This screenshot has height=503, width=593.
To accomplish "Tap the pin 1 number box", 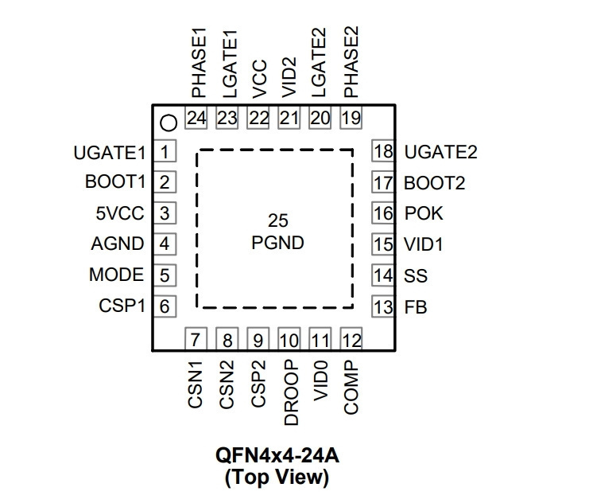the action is [x=165, y=151].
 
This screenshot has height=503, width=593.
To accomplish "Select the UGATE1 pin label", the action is [x=110, y=153].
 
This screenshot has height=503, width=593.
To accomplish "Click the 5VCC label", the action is [x=120, y=213].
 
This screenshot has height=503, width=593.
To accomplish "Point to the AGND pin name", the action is [x=118, y=244].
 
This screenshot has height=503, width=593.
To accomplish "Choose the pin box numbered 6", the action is [x=165, y=306].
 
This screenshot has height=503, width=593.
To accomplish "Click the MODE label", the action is [x=117, y=275].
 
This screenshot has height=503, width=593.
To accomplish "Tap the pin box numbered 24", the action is [x=196, y=118].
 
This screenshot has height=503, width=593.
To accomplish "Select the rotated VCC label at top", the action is [x=259, y=79].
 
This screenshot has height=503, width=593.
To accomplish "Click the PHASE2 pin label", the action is [x=351, y=62].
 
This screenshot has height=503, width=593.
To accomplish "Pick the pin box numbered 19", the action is [x=351, y=118].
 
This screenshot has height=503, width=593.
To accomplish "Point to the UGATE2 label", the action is [x=441, y=152].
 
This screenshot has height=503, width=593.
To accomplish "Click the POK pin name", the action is [x=424, y=213].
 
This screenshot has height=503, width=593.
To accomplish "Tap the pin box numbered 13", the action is [x=383, y=306].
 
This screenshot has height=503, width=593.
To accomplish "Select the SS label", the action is [x=416, y=275].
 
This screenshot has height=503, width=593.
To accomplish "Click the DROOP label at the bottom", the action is [x=291, y=392].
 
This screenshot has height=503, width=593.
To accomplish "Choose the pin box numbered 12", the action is [x=351, y=339].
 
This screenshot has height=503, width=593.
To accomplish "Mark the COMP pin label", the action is [x=351, y=387].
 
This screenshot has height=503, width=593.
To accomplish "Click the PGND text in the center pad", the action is [x=277, y=243].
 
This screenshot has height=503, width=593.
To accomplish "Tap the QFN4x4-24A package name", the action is [x=277, y=455].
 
